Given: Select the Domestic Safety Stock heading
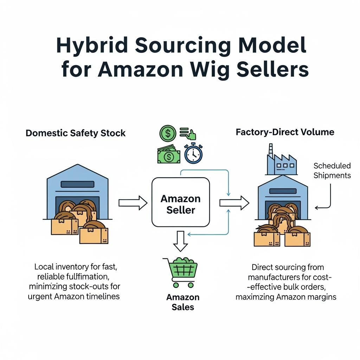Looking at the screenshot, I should [76, 133].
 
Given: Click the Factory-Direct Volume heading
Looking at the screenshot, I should [285, 133].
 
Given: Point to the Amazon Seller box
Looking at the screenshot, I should [180, 202].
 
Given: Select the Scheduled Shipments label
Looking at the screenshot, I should [332, 170].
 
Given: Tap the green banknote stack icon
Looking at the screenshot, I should [168, 155].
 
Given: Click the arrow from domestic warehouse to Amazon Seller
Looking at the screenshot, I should [133, 203].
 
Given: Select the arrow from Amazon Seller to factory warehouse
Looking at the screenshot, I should [234, 202].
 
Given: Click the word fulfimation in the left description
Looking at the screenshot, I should [86, 277].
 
